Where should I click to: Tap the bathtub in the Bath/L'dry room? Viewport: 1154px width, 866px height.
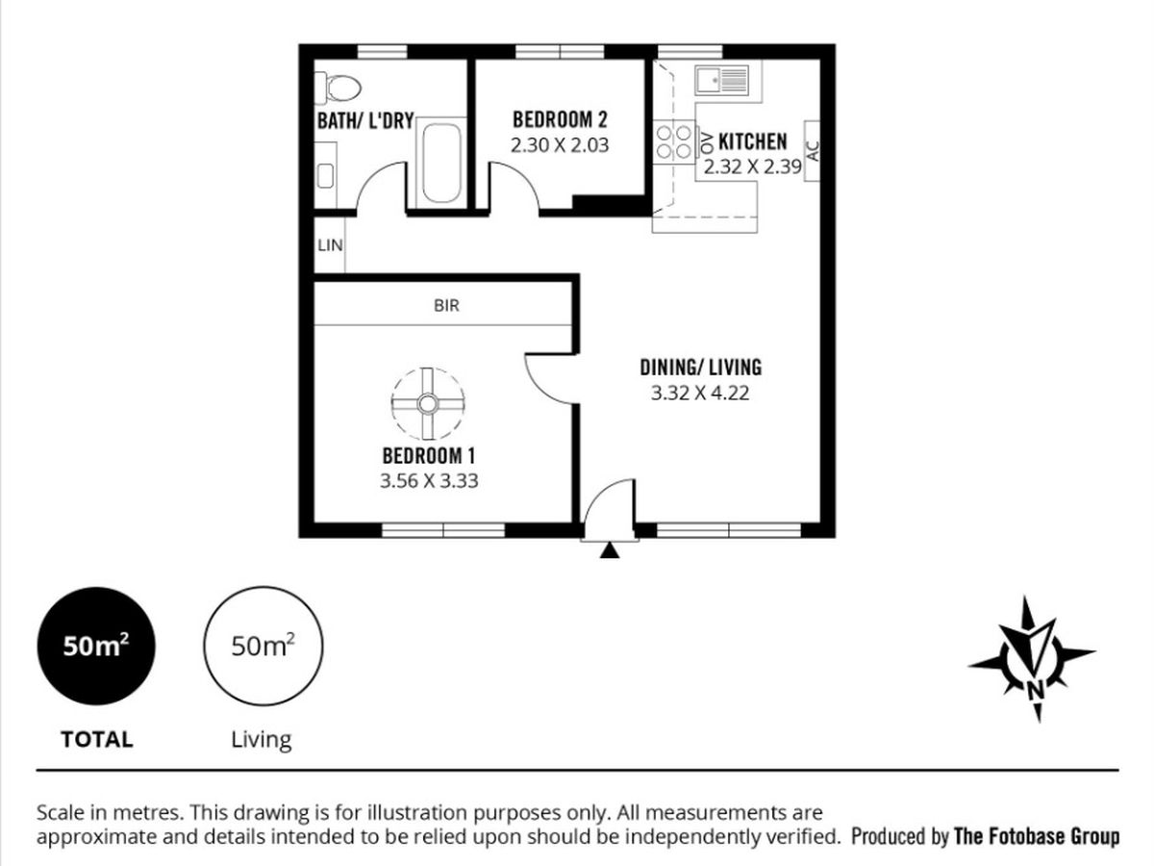[441, 163]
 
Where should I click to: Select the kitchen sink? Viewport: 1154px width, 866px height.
[722, 81]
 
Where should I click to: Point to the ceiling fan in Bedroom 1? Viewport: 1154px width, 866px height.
[427, 404]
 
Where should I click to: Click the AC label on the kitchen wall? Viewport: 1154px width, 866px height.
[813, 151]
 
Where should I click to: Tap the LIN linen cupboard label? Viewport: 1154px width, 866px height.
[330, 245]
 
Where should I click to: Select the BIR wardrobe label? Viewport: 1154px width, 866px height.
[446, 305]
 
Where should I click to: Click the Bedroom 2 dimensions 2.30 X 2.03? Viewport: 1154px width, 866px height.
[560, 145]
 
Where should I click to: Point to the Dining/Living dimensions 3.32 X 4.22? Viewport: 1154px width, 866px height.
[700, 393]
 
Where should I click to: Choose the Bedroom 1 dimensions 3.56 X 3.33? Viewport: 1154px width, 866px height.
[429, 480]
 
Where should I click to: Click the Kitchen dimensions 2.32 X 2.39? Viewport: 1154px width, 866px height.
[752, 166]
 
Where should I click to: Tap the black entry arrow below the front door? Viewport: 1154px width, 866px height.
[610, 550]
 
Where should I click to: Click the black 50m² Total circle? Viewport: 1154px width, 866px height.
[96, 646]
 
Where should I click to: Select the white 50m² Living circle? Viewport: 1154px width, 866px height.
[263, 646]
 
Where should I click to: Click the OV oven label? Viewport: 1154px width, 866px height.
[708, 143]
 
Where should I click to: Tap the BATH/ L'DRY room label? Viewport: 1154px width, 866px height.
[365, 121]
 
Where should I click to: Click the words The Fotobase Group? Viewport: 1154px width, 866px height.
[1037, 836]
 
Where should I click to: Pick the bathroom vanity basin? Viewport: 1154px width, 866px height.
[325, 175]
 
